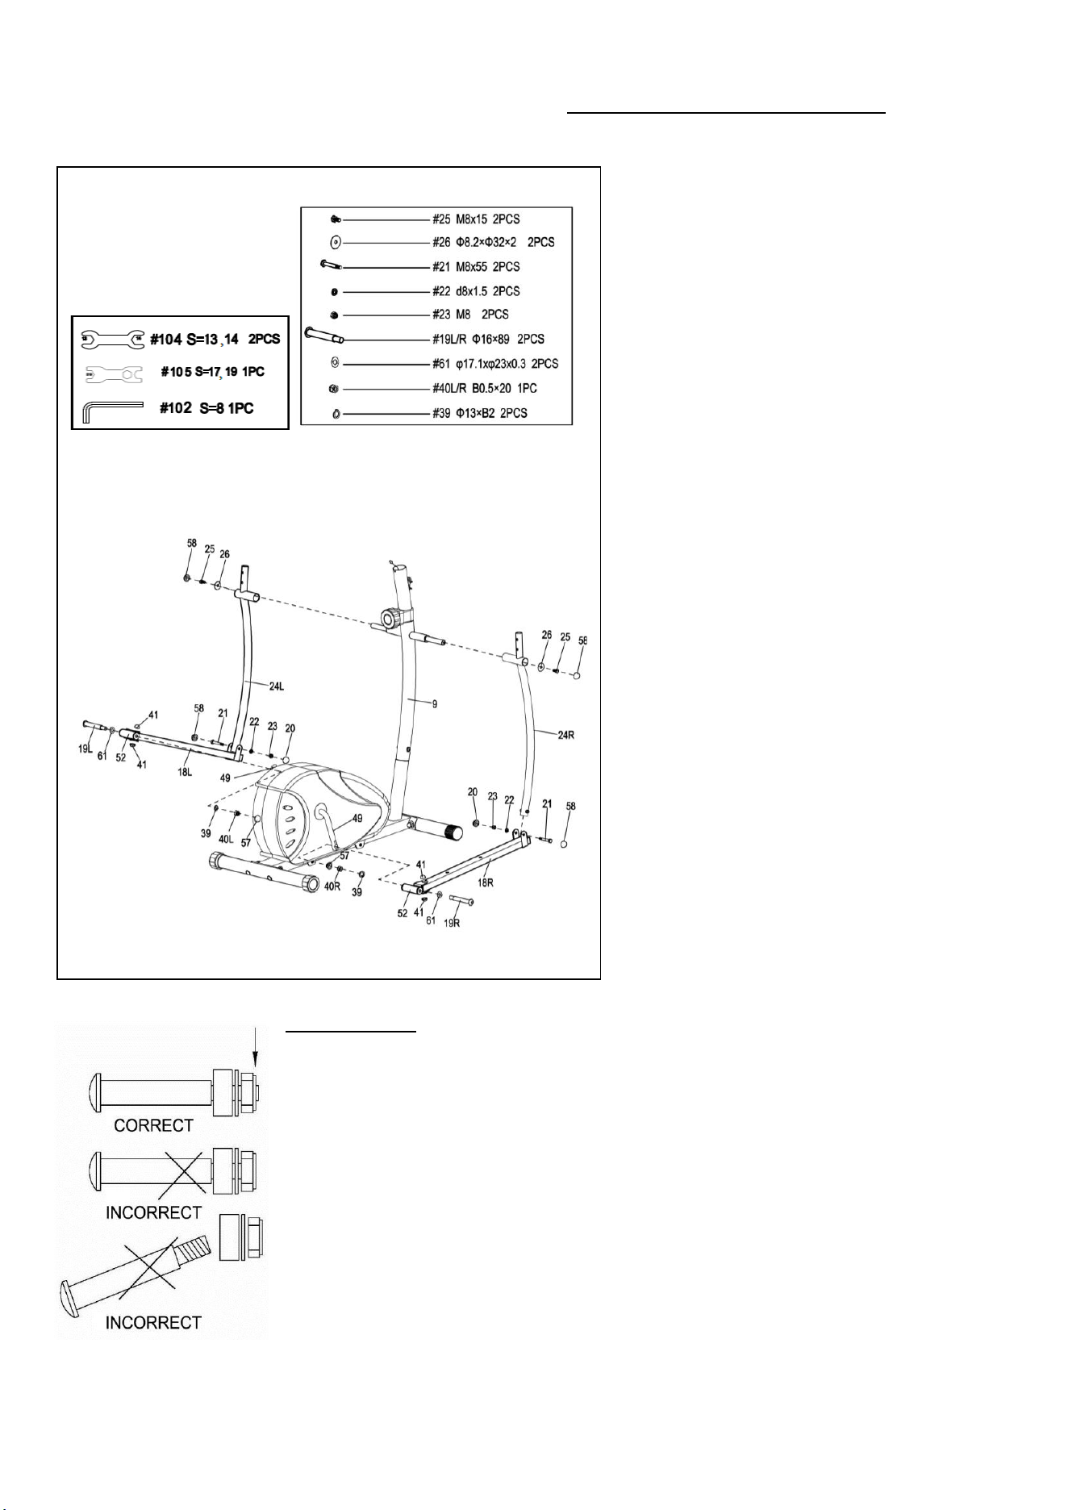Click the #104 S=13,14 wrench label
(x=215, y=340)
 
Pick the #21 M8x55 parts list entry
(x=476, y=267)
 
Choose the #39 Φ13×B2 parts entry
(x=479, y=413)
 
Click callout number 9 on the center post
(x=434, y=703)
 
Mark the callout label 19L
(x=86, y=749)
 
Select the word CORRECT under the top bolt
(x=153, y=1125)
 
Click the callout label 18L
(x=185, y=772)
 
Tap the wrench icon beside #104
(x=112, y=340)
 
